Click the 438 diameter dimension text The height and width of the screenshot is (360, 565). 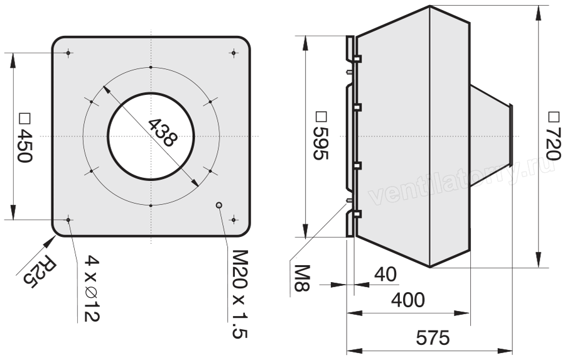coord(163,133)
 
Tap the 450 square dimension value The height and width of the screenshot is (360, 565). coord(24,146)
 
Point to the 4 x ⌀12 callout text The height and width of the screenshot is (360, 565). coord(92,288)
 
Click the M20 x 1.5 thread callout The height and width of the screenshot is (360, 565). coord(240,294)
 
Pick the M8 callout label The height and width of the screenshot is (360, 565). coord(302,278)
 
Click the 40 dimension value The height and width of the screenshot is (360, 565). coord(385,274)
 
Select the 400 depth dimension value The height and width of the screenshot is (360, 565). coord(408,300)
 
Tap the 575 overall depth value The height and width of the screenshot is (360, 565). coord(433,338)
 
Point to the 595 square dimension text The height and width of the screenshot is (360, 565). coord(320,144)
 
